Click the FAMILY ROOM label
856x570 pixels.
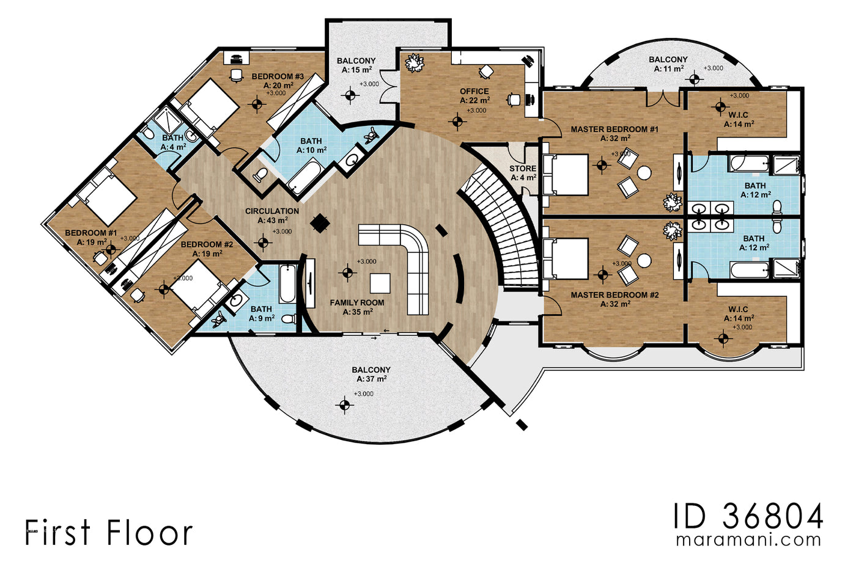click(x=357, y=303)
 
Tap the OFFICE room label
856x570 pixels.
click(x=474, y=92)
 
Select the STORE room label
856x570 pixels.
click(x=523, y=169)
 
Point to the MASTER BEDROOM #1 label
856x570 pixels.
click(x=614, y=130)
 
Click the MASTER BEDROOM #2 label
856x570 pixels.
click(x=614, y=295)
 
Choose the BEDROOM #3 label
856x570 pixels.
click(x=278, y=77)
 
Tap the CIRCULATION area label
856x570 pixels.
click(x=272, y=211)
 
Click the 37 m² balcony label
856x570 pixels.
click(x=371, y=370)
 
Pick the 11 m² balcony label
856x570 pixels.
click(x=668, y=60)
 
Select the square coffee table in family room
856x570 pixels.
click(x=380, y=283)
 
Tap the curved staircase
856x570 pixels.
click(x=507, y=226)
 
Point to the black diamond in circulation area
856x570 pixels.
click(x=319, y=223)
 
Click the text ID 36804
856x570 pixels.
click(x=748, y=517)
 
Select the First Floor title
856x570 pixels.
click(x=109, y=533)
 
